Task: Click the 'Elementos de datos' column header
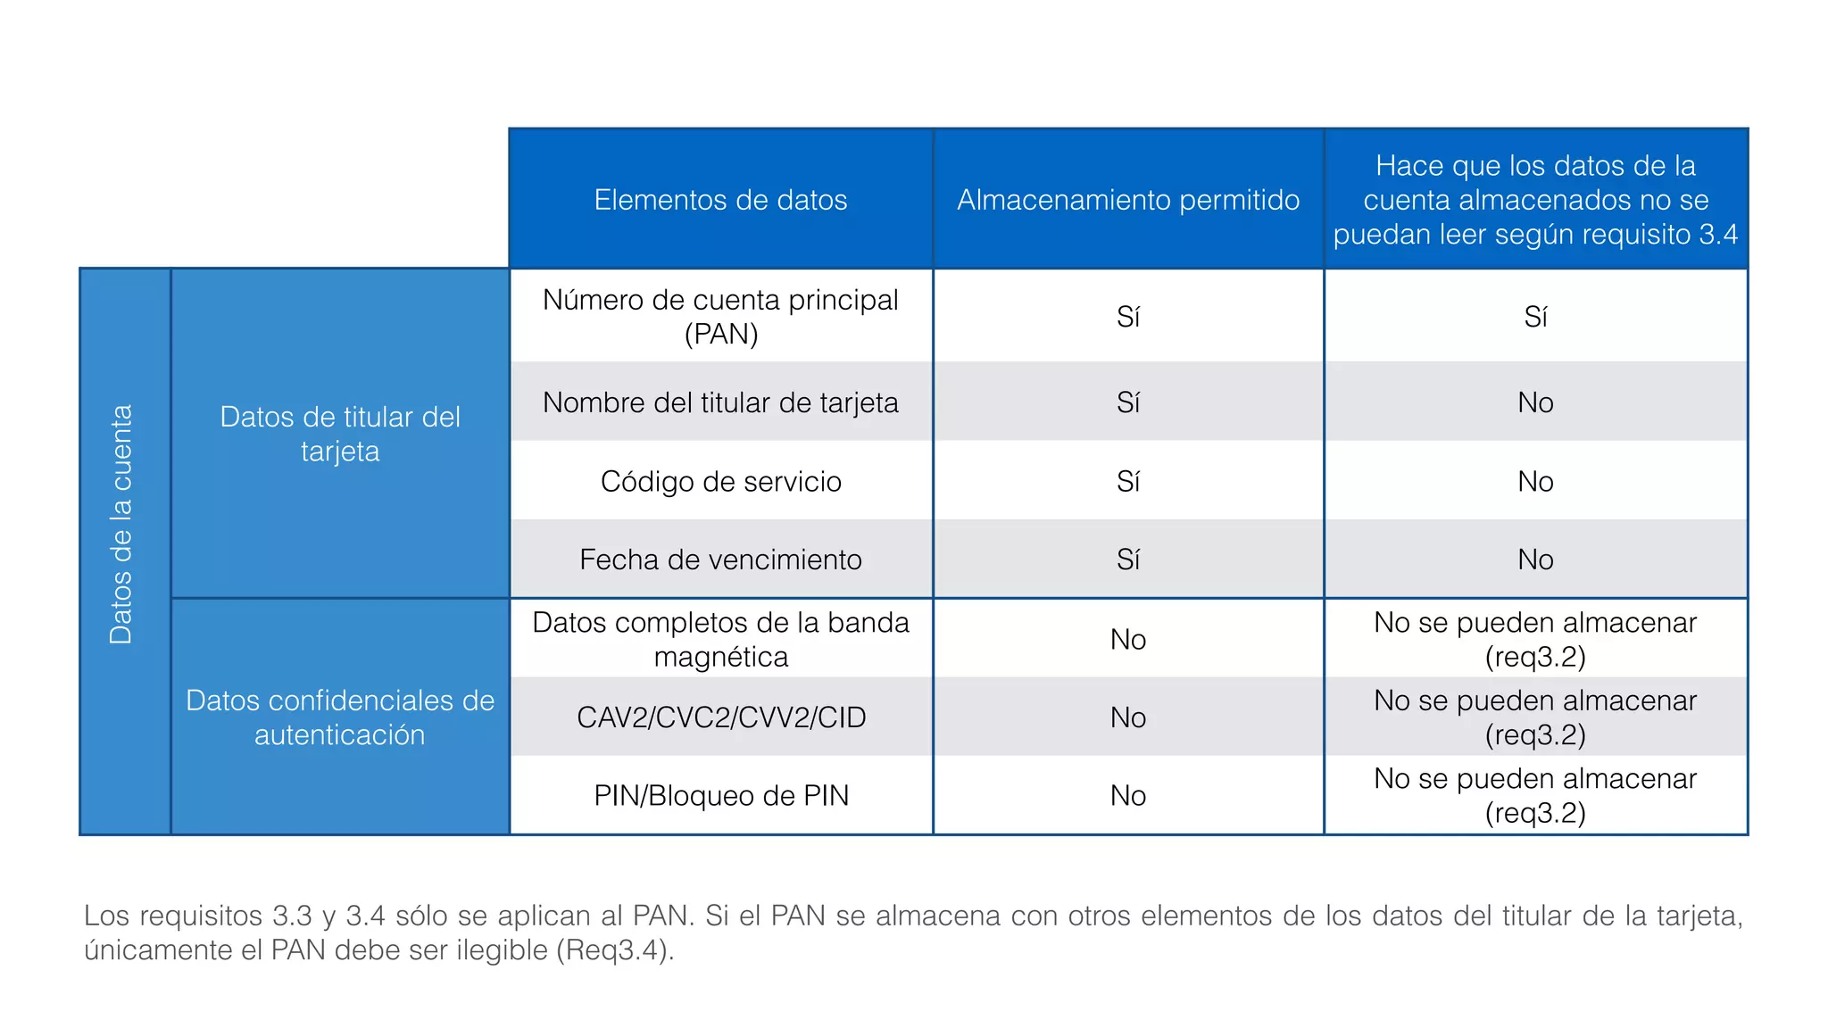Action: pos(720,200)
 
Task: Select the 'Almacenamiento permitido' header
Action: pos(1128,200)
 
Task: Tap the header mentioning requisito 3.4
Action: pos(1535,200)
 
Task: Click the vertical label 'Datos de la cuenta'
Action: pos(121,525)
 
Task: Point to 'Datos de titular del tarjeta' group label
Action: pos(340,434)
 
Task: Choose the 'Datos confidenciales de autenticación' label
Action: pos(340,717)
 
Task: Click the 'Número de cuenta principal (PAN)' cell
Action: pos(720,317)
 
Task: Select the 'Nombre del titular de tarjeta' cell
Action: pos(720,402)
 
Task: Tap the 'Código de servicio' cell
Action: pos(720,482)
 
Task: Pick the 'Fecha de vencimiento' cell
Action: pos(720,560)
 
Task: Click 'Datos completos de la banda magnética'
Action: pos(720,639)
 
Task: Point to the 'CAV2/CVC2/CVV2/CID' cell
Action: pos(720,717)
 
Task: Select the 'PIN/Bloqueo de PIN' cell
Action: pos(720,795)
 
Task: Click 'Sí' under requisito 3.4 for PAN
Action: pos(1535,317)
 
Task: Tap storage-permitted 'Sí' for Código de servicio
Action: pos(1128,482)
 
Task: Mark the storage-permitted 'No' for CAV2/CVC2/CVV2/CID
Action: pos(1128,717)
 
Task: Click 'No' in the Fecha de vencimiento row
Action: pos(1535,560)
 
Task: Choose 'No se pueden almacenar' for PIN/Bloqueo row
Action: pos(1535,779)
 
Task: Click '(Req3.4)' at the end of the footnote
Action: pos(615,950)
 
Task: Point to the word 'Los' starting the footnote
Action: pos(105,916)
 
